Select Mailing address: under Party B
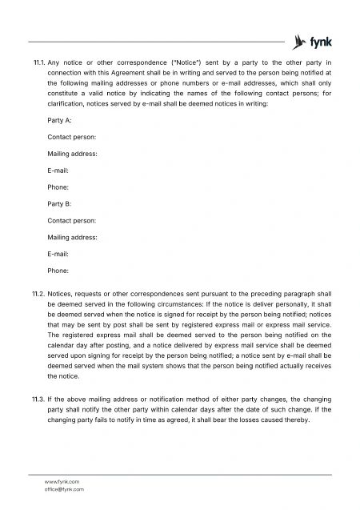[73, 237]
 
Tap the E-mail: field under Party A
[58, 171]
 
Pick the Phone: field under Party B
[58, 271]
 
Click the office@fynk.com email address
[64, 488]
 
